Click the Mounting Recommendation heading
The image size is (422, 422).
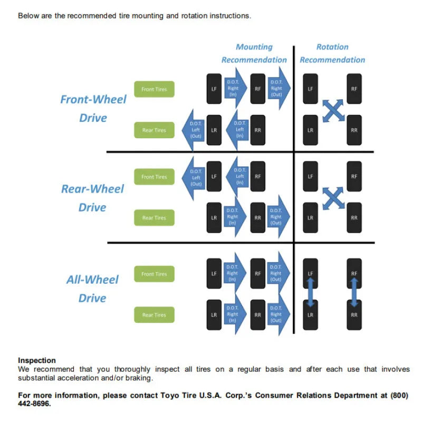(254, 53)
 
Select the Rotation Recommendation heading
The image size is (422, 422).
(332, 53)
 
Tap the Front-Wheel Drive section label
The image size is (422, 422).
(93, 109)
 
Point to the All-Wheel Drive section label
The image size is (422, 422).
(92, 289)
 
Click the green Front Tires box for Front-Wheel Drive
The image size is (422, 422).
(154, 89)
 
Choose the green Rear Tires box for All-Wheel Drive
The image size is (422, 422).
(154, 314)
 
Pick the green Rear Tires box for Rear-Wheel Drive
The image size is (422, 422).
(154, 217)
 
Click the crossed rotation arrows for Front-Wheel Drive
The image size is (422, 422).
(333, 111)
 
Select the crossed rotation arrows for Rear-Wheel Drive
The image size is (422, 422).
(333, 198)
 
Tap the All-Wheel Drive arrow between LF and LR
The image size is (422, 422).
(310, 293)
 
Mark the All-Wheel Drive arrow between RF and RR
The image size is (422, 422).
(354, 293)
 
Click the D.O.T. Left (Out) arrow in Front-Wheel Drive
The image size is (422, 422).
(193, 130)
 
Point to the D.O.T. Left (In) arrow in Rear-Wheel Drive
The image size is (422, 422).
(237, 177)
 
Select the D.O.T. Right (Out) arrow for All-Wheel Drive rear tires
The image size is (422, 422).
(279, 314)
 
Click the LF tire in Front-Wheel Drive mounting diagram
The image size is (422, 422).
(214, 89)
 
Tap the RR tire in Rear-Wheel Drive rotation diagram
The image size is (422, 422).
(354, 218)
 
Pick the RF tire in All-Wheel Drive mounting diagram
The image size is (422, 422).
(257, 273)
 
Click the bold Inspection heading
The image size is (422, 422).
(37, 360)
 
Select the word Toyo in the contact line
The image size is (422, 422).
(169, 395)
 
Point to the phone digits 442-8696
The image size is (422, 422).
(34, 404)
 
